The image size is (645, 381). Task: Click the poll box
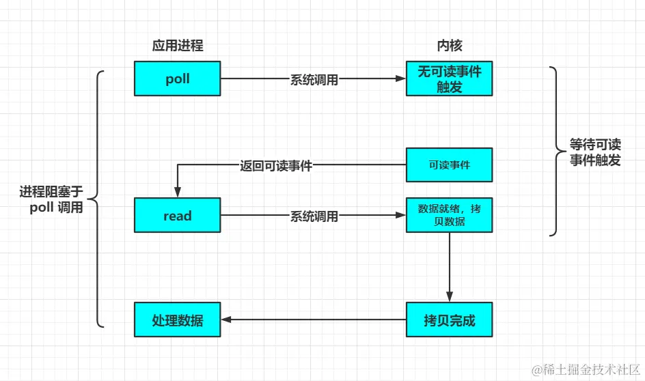177,79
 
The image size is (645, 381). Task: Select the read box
177,216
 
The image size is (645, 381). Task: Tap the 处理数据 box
177,320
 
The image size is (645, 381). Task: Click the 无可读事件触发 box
449,79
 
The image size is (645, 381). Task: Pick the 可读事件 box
449,165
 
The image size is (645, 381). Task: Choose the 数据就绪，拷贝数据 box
449,215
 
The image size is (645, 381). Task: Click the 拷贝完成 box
449,320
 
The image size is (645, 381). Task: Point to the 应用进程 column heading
177,46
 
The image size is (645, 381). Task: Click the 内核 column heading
449,46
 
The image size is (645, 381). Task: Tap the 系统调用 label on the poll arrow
314,79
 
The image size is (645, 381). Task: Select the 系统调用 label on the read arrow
314,216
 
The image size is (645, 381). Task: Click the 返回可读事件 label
276,165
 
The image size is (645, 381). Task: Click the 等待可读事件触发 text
595,153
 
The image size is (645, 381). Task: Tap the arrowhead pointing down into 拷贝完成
449,297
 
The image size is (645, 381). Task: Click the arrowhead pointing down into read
177,193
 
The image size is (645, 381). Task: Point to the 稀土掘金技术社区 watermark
586,369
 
